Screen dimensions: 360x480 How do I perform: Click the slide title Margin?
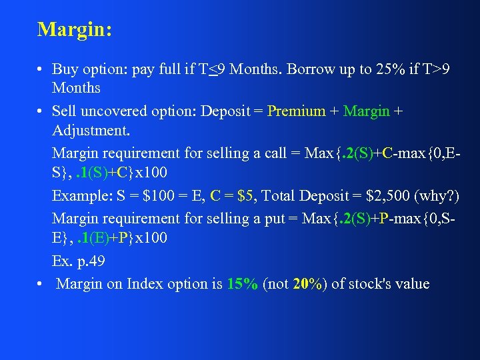click(x=75, y=30)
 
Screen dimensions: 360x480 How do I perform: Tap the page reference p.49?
click(x=87, y=261)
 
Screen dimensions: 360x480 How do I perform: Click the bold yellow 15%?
click(x=242, y=284)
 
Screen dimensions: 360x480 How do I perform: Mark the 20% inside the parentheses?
click(x=308, y=284)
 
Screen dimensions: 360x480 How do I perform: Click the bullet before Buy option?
click(x=41, y=69)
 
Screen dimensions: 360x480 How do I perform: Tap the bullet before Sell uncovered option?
click(x=41, y=112)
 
